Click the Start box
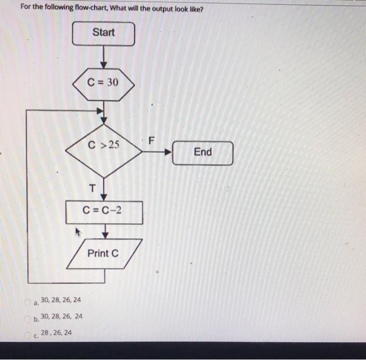[x=103, y=33]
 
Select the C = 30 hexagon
[x=103, y=83]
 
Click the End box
[x=202, y=152]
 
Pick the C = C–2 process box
[x=104, y=210]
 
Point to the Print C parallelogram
[x=103, y=254]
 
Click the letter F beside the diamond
[x=152, y=140]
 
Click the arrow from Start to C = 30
[x=104, y=56]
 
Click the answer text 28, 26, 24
[x=57, y=333]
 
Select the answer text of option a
[x=61, y=300]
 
